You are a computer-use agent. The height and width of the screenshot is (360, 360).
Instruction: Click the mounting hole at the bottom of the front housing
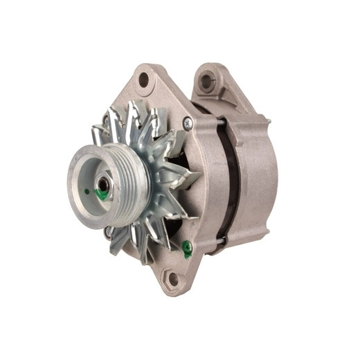[171, 278]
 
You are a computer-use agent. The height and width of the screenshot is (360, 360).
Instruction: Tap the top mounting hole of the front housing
[144, 80]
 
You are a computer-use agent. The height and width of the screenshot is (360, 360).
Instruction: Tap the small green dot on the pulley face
[86, 192]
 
